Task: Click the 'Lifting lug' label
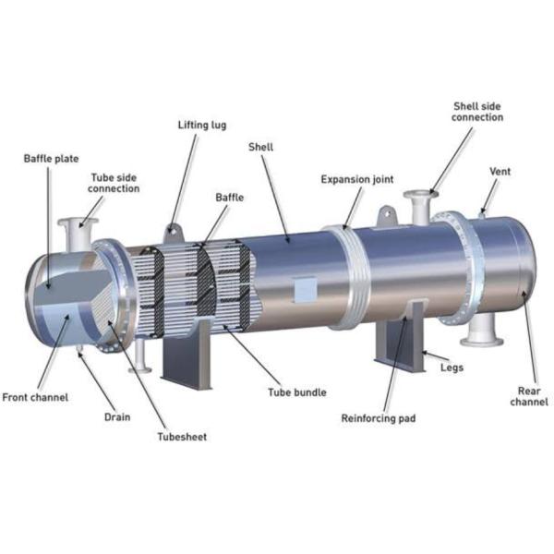pos(202,125)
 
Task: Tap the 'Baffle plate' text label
pos(51,159)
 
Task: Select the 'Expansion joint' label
pos(357,179)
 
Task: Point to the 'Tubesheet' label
pos(182,437)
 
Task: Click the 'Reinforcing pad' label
pos(379,418)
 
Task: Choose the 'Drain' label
pos(117,417)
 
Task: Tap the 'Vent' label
pos(500,172)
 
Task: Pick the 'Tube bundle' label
pos(297,392)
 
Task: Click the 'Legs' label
pos(452,367)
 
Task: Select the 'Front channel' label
pos(35,397)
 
